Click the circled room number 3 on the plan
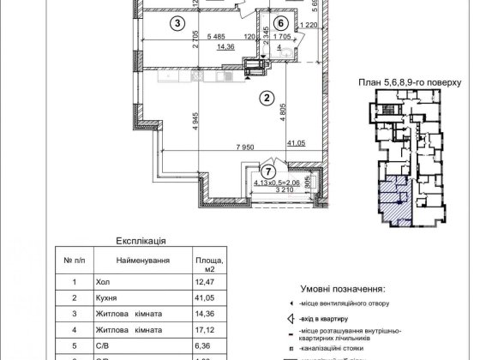[x=177, y=23]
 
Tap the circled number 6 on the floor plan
[x=280, y=23]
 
